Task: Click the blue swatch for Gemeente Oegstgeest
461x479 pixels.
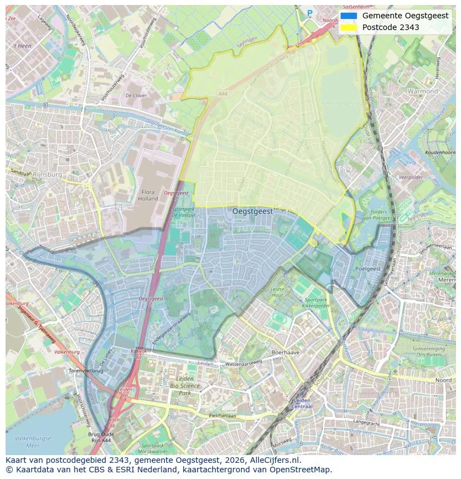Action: pyautogui.click(x=349, y=16)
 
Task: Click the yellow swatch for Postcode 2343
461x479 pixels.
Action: pyautogui.click(x=349, y=27)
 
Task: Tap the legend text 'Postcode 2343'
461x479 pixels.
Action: pyautogui.click(x=390, y=27)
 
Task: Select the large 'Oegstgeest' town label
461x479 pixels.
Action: pyautogui.click(x=252, y=211)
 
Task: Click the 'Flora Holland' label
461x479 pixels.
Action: pyautogui.click(x=148, y=195)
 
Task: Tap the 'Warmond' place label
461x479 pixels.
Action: pyautogui.click(x=423, y=91)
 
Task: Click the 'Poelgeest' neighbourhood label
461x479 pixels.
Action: pyautogui.click(x=367, y=268)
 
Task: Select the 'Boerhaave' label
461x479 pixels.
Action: pyautogui.click(x=286, y=353)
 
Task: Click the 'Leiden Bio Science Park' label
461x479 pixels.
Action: pyautogui.click(x=184, y=385)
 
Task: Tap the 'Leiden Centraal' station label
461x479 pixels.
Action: pyautogui.click(x=301, y=403)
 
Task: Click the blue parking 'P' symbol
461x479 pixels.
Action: pyautogui.click(x=310, y=13)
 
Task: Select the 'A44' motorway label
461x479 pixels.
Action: pyautogui.click(x=223, y=95)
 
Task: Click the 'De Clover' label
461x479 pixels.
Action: pyautogui.click(x=136, y=96)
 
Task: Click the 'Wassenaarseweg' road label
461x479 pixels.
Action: pyautogui.click(x=243, y=364)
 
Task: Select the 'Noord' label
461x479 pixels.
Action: pyautogui.click(x=443, y=380)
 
